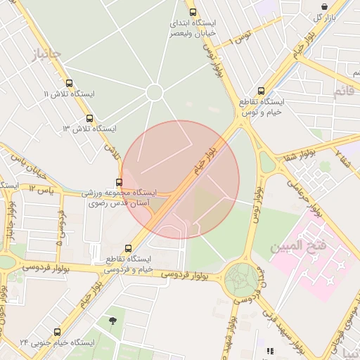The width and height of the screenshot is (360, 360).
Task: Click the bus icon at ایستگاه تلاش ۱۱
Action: tap(68, 83)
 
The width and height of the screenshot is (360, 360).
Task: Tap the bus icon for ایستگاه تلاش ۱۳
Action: tap(89, 118)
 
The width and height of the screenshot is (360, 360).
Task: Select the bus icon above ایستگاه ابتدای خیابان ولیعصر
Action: tap(193, 12)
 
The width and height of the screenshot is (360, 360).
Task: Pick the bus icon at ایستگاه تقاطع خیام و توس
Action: tap(262, 91)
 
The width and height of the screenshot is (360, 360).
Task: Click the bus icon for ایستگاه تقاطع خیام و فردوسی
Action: tap(127, 248)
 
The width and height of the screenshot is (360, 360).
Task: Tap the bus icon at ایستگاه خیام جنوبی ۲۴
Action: tap(57, 332)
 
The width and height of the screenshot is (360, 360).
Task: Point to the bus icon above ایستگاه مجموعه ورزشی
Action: tap(118, 182)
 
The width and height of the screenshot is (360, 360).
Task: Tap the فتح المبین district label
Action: tap(297, 246)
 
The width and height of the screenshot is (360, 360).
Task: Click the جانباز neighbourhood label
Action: tap(46, 53)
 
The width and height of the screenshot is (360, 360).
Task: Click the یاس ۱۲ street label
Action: tap(41, 188)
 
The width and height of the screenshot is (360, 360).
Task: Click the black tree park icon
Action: tap(112, 321)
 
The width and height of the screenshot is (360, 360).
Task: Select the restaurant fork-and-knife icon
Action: tap(269, 350)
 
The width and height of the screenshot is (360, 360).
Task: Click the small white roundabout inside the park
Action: tap(155, 92)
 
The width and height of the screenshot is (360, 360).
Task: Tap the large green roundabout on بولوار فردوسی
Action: tap(241, 279)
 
